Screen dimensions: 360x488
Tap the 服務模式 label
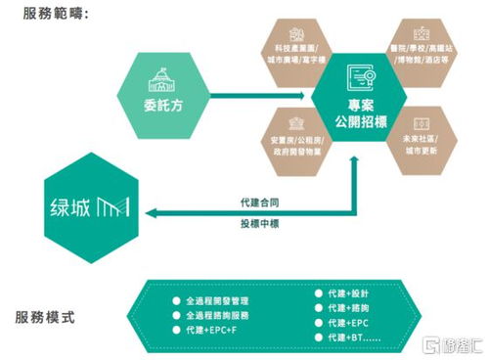pyautogui.click(x=48, y=318)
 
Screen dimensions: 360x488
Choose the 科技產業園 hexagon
pyautogui.click(x=300, y=47)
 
